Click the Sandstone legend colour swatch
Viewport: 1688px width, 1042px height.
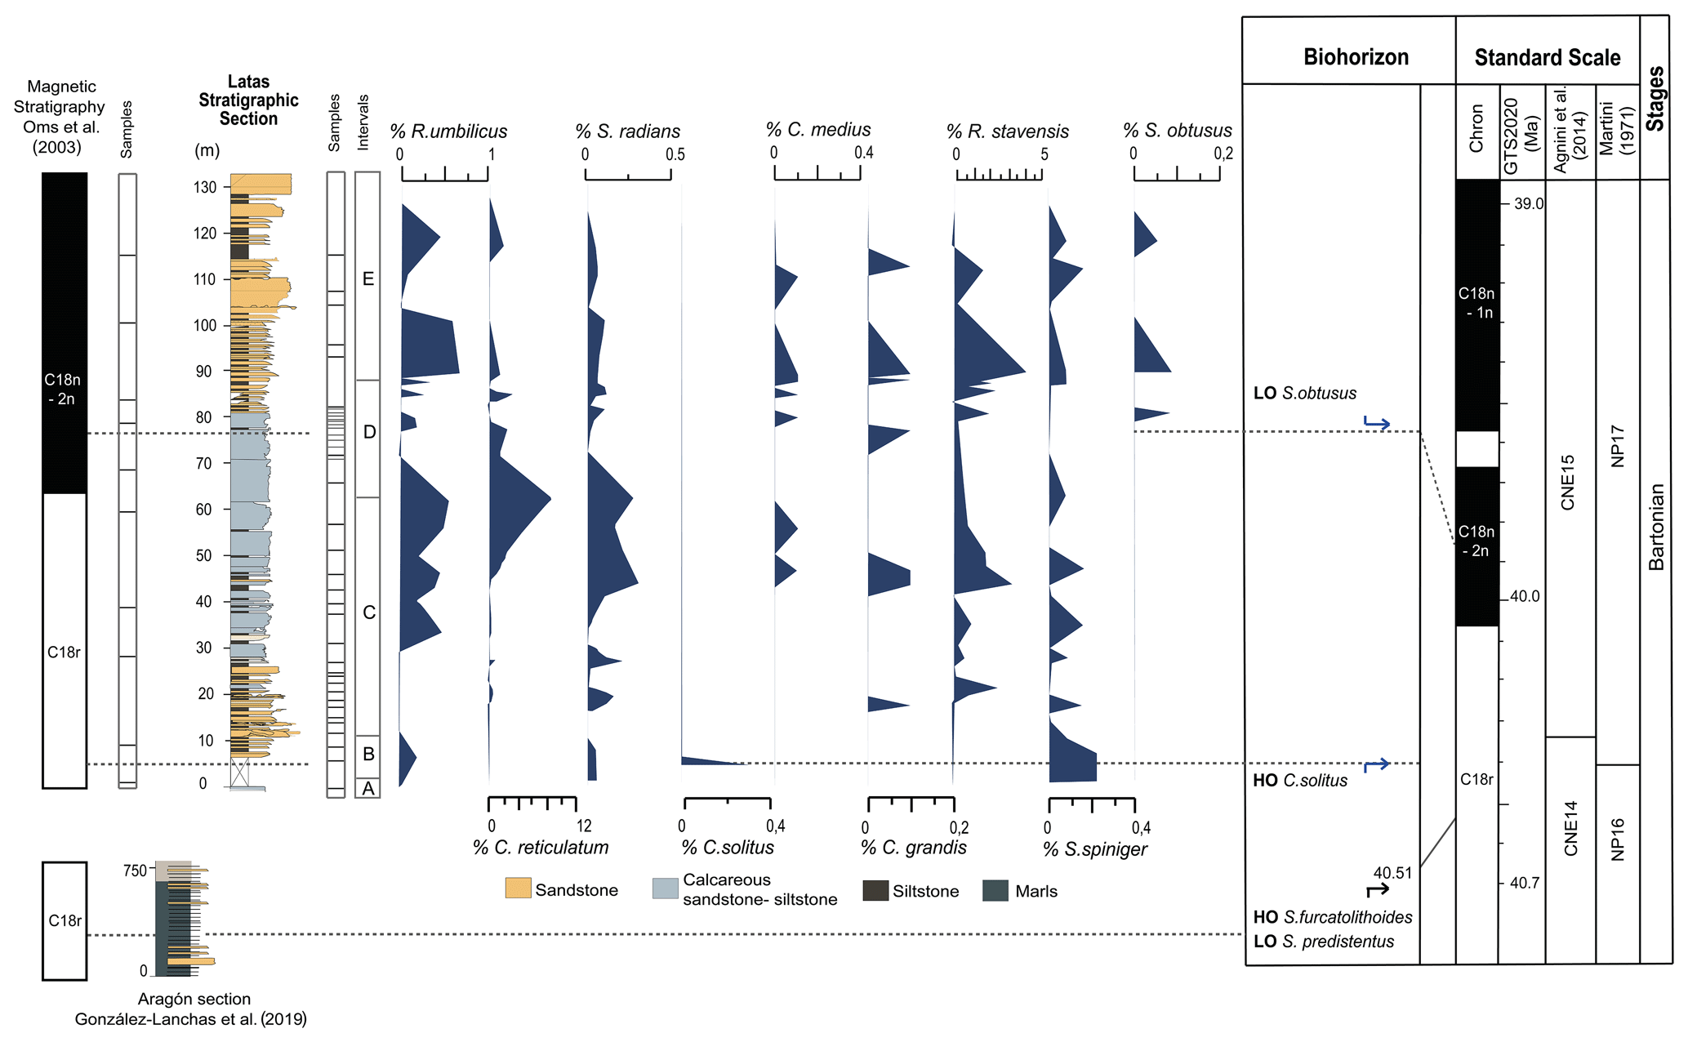click(x=518, y=888)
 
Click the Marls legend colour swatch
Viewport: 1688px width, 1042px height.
click(x=995, y=890)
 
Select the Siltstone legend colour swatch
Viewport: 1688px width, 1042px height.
click(x=875, y=891)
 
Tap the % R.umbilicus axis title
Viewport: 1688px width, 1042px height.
click(x=448, y=131)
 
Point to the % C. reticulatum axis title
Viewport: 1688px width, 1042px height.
click(x=541, y=848)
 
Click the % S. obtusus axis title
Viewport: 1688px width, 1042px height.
click(x=1177, y=131)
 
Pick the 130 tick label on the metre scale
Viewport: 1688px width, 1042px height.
click(x=205, y=187)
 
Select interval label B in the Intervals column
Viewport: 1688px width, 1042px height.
click(x=368, y=755)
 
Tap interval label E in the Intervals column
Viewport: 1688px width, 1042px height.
click(x=368, y=279)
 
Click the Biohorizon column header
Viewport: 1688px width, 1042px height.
click(x=1356, y=57)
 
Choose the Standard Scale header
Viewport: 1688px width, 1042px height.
click(x=1547, y=58)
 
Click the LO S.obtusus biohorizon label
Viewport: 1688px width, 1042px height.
click(x=1305, y=393)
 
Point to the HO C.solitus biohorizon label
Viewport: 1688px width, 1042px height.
click(x=1300, y=781)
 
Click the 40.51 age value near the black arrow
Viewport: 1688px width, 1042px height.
click(x=1392, y=873)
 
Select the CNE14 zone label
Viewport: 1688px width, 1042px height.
click(x=1570, y=828)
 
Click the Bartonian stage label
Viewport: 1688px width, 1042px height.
click(x=1656, y=527)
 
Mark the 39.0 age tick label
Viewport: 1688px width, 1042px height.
click(x=1529, y=204)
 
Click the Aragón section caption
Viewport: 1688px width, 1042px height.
click(x=194, y=999)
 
